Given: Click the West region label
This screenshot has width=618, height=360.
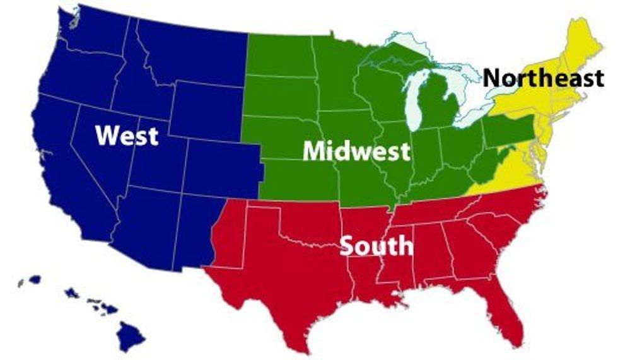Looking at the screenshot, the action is (127, 135).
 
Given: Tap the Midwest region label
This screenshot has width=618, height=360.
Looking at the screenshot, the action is (356, 151).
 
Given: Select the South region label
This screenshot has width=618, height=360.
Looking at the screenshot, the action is (376, 245).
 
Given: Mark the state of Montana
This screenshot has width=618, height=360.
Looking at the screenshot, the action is (189, 50).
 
